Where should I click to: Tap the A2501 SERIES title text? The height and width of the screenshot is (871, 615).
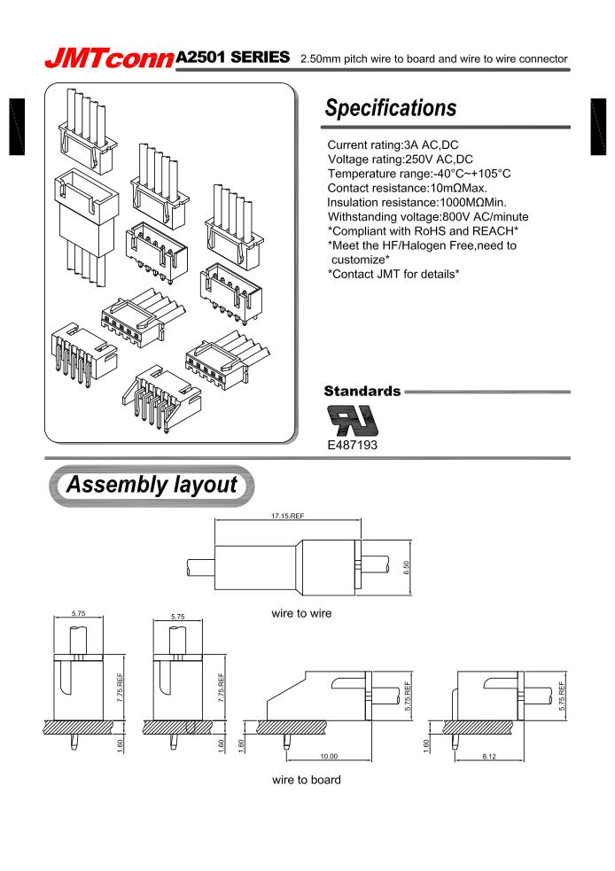coord(234,57)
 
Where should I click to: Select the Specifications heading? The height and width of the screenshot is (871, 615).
coord(391,108)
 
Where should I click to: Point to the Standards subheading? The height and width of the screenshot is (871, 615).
coord(362,391)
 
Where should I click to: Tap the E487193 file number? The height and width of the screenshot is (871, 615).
coord(353,445)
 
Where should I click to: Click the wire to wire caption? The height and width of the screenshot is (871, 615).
coord(302,613)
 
